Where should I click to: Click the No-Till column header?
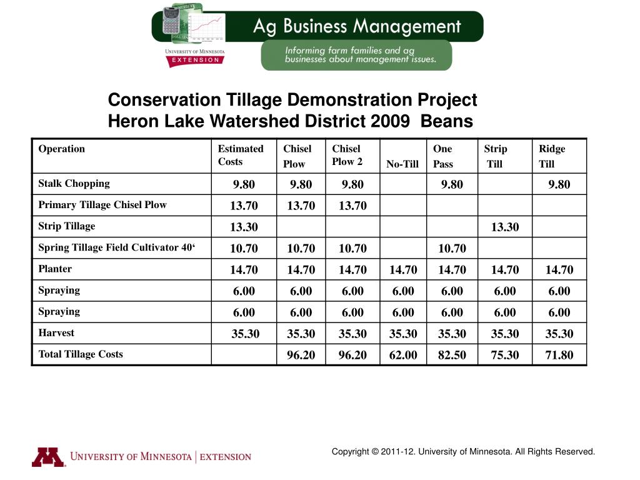(x=402, y=164)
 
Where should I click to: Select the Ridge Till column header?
(x=551, y=156)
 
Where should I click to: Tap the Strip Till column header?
(x=495, y=156)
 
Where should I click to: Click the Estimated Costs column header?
(x=240, y=155)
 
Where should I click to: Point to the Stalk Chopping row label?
(x=74, y=184)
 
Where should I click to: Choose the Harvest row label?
(x=56, y=333)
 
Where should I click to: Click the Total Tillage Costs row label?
(x=81, y=354)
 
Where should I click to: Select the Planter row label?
(x=55, y=269)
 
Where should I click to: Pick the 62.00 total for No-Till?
(x=403, y=356)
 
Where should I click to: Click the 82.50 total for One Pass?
(x=452, y=356)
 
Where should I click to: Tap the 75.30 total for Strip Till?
(x=504, y=356)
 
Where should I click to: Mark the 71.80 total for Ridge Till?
(x=559, y=356)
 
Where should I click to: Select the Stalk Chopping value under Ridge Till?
(x=559, y=185)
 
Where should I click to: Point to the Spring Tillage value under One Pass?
(x=452, y=249)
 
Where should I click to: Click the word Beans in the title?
(x=447, y=121)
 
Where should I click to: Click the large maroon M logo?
(x=48, y=457)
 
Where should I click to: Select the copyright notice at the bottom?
(x=463, y=451)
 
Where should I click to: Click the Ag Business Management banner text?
(x=356, y=26)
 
